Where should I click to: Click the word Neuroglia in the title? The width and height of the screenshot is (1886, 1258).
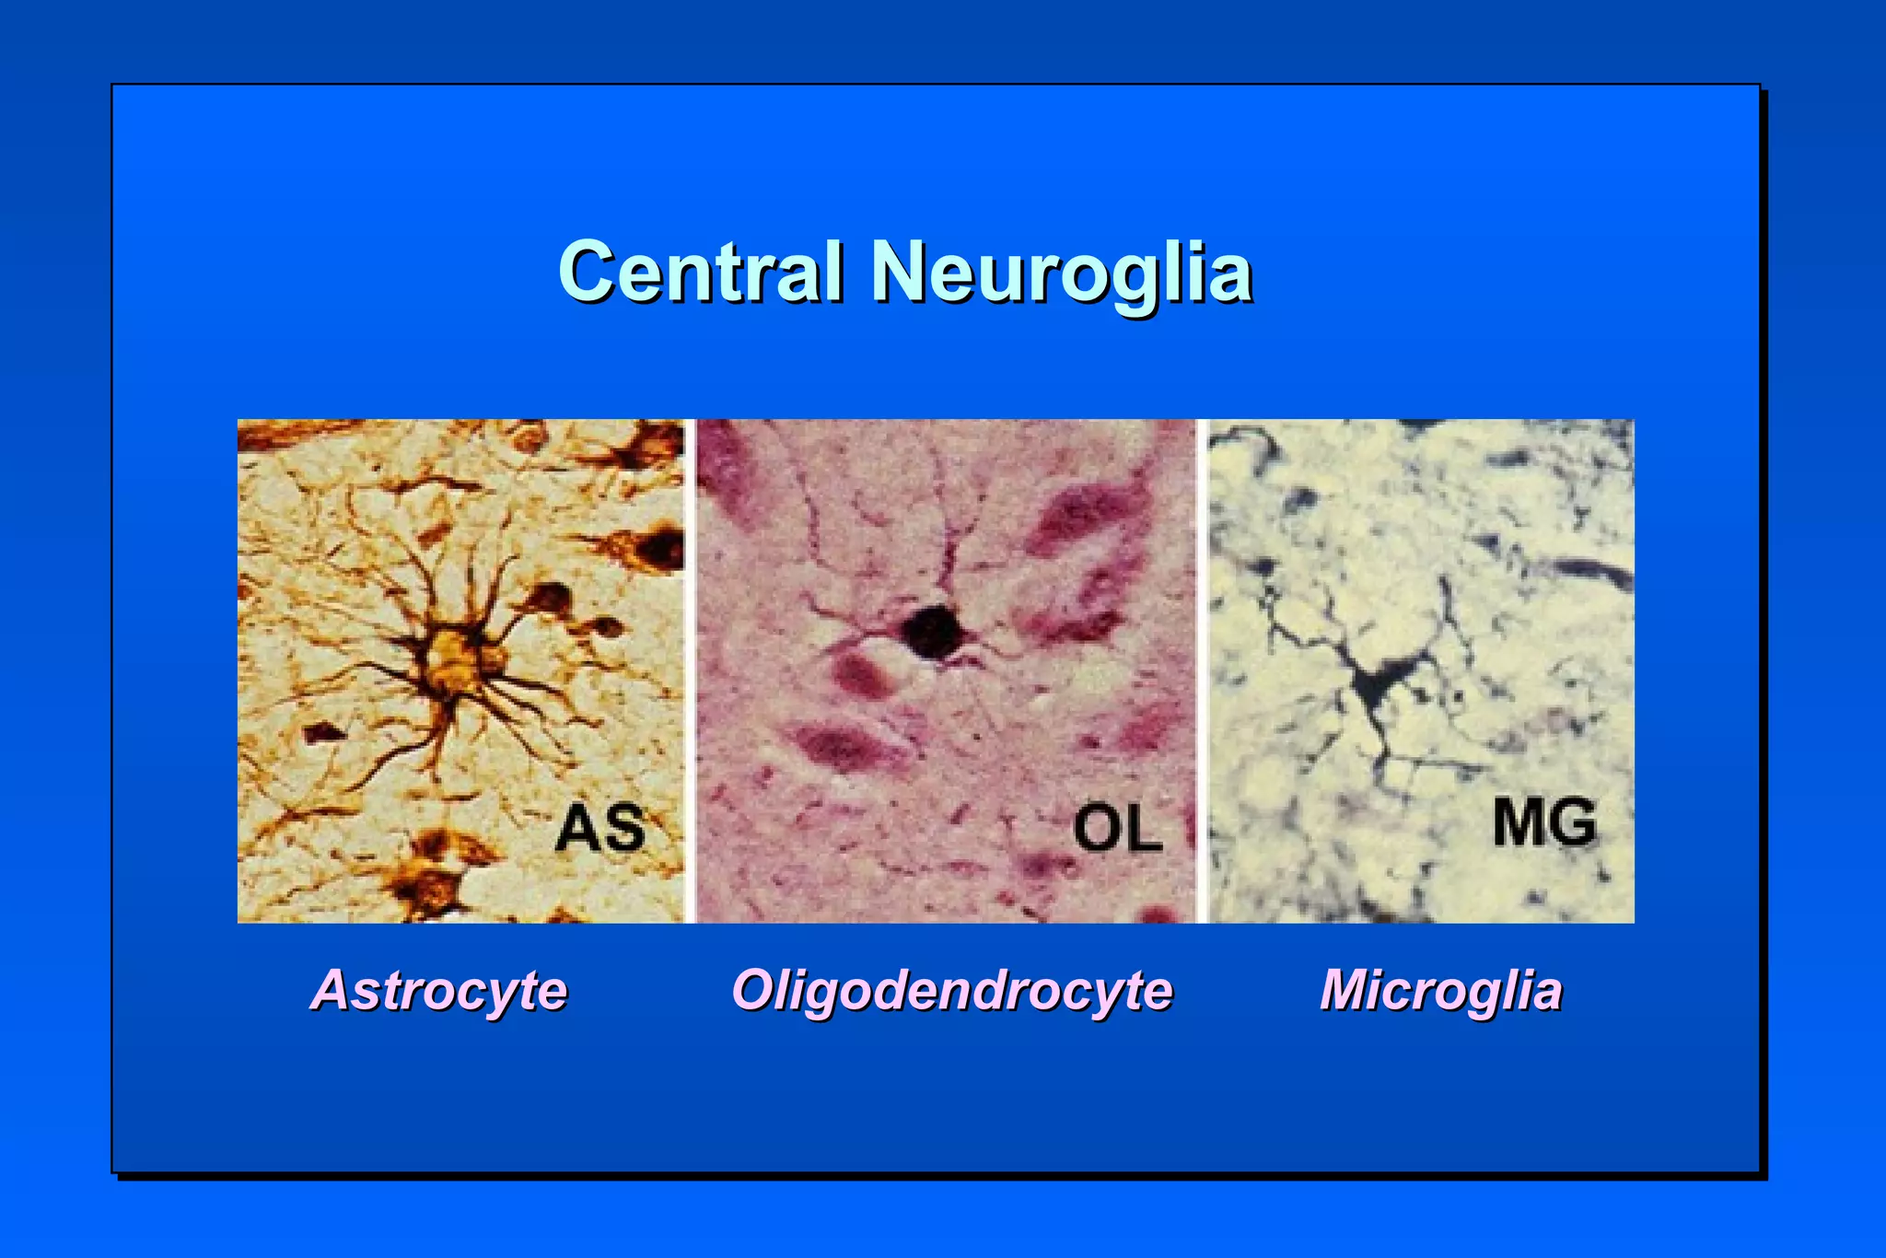point(1061,272)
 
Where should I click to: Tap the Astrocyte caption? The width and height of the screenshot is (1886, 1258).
point(439,990)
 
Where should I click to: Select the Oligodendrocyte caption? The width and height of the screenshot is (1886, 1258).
point(951,990)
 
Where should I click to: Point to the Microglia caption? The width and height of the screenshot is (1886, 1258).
point(1441,990)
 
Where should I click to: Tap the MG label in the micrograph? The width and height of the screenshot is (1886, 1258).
point(1544,822)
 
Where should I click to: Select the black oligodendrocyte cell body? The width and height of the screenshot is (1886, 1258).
point(933,631)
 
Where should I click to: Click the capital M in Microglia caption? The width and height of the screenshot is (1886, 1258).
point(1348,990)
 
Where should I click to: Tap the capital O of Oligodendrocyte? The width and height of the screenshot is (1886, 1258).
point(755,990)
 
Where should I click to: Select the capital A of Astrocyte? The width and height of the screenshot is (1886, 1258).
point(333,990)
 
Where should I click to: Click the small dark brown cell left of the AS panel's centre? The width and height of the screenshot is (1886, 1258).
point(324,733)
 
